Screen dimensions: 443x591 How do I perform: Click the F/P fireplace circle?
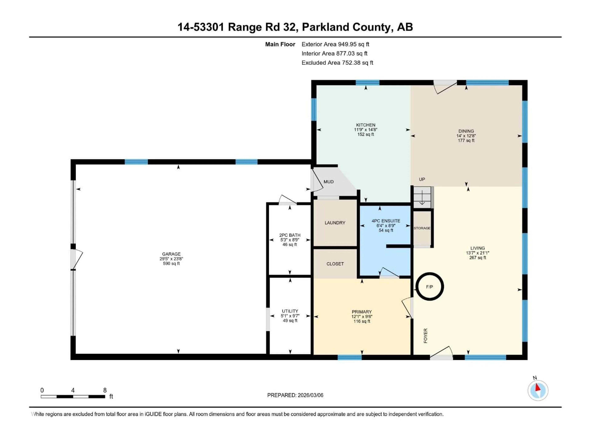(429, 287)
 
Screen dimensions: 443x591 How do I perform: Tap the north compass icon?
(538, 390)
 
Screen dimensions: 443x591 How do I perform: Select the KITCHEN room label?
(366, 125)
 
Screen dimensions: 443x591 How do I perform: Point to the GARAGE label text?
(171, 254)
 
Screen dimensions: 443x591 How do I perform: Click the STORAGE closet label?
(422, 228)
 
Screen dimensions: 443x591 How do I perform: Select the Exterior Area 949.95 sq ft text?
(335, 44)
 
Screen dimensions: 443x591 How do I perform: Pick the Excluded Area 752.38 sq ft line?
(337, 63)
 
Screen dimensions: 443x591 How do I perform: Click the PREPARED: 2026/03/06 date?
(295, 395)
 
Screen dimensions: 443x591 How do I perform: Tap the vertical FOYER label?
(426, 336)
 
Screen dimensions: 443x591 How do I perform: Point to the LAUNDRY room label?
(335, 223)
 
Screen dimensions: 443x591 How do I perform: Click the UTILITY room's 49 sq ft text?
(290, 320)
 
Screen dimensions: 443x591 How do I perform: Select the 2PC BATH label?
(290, 235)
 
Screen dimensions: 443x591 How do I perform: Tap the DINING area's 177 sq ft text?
(466, 140)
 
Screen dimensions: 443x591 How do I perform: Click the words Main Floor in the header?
(280, 44)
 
